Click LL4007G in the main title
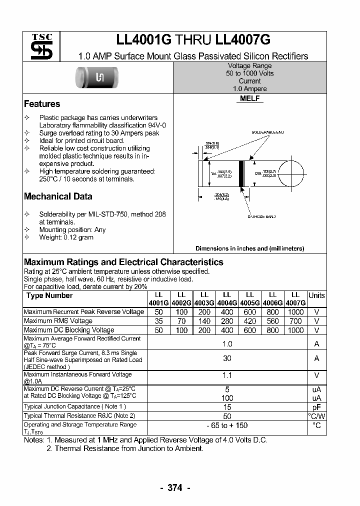click(x=243, y=40)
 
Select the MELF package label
click(x=249, y=99)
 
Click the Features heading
click(x=42, y=104)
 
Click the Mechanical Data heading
click(x=58, y=196)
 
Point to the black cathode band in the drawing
click(x=241, y=173)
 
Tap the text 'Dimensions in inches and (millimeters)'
click(x=249, y=248)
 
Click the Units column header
click(x=316, y=295)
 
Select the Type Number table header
click(x=49, y=295)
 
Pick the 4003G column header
click(x=204, y=302)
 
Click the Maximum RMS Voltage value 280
click(x=227, y=321)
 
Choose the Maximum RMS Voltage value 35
click(x=158, y=321)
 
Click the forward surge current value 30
click(x=227, y=358)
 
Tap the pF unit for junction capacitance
click(x=316, y=407)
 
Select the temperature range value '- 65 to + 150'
click(x=227, y=425)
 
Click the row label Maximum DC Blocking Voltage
click(x=69, y=330)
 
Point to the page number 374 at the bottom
click(x=174, y=488)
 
